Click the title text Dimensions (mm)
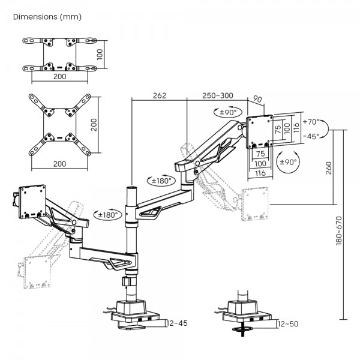tap(47, 17)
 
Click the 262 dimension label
tap(160, 95)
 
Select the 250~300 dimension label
tap(218, 95)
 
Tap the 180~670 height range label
tap(339, 230)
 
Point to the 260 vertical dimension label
tap(329, 168)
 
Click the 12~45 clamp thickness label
tap(177, 323)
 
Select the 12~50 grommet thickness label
tap(288, 324)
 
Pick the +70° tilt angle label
tap(311, 122)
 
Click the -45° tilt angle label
tap(311, 136)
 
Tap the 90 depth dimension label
tap(257, 99)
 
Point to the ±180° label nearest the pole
tap(107, 215)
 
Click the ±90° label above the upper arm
tap(228, 112)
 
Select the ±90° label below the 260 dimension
tap(288, 162)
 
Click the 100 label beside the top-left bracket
tap(100, 55)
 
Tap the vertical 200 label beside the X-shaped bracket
tap(94, 125)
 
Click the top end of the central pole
tap(131, 188)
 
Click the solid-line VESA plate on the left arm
tap(32, 202)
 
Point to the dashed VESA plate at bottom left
tap(37, 271)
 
